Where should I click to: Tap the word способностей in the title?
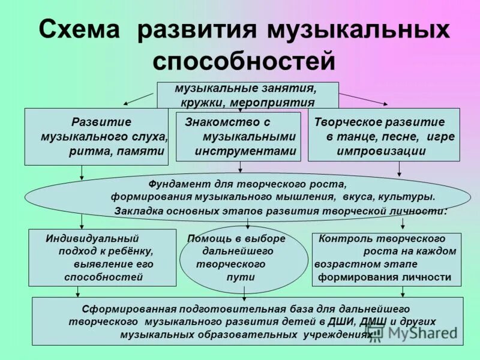click(x=244, y=61)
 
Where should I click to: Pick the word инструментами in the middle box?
click(x=245, y=151)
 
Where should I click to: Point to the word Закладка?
click(x=139, y=211)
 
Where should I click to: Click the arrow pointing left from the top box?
click(x=139, y=98)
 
